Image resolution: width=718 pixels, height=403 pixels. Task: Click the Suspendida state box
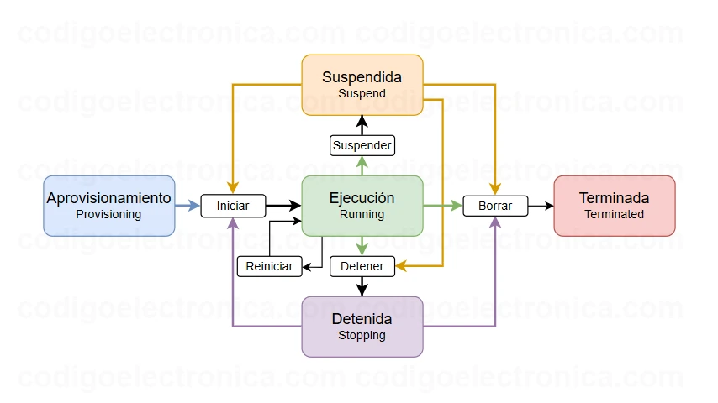362,85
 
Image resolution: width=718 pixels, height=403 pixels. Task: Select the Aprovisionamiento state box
108,206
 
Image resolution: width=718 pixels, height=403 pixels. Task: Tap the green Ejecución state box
362,206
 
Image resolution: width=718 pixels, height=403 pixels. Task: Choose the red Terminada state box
614,206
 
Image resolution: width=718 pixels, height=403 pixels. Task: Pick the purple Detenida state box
362,327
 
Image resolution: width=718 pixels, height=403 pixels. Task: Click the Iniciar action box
233,206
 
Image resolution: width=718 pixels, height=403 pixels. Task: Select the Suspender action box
362,145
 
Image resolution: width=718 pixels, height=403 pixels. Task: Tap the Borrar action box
495,206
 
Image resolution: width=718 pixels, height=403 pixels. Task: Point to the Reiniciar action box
269,266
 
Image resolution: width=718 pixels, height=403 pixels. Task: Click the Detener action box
362,266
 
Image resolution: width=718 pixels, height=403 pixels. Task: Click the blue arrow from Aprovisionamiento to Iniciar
187,206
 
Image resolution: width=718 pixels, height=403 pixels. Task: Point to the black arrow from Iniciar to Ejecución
283,206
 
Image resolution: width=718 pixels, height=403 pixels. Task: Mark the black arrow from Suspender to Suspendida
362,125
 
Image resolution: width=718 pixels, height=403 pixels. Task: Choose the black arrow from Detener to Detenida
362,286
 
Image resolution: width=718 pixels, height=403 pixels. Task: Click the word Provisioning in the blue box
108,215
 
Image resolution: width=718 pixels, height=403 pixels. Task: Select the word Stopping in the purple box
362,336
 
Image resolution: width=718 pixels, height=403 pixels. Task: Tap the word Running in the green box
362,215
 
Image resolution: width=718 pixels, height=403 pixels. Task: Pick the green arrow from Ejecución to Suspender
362,165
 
